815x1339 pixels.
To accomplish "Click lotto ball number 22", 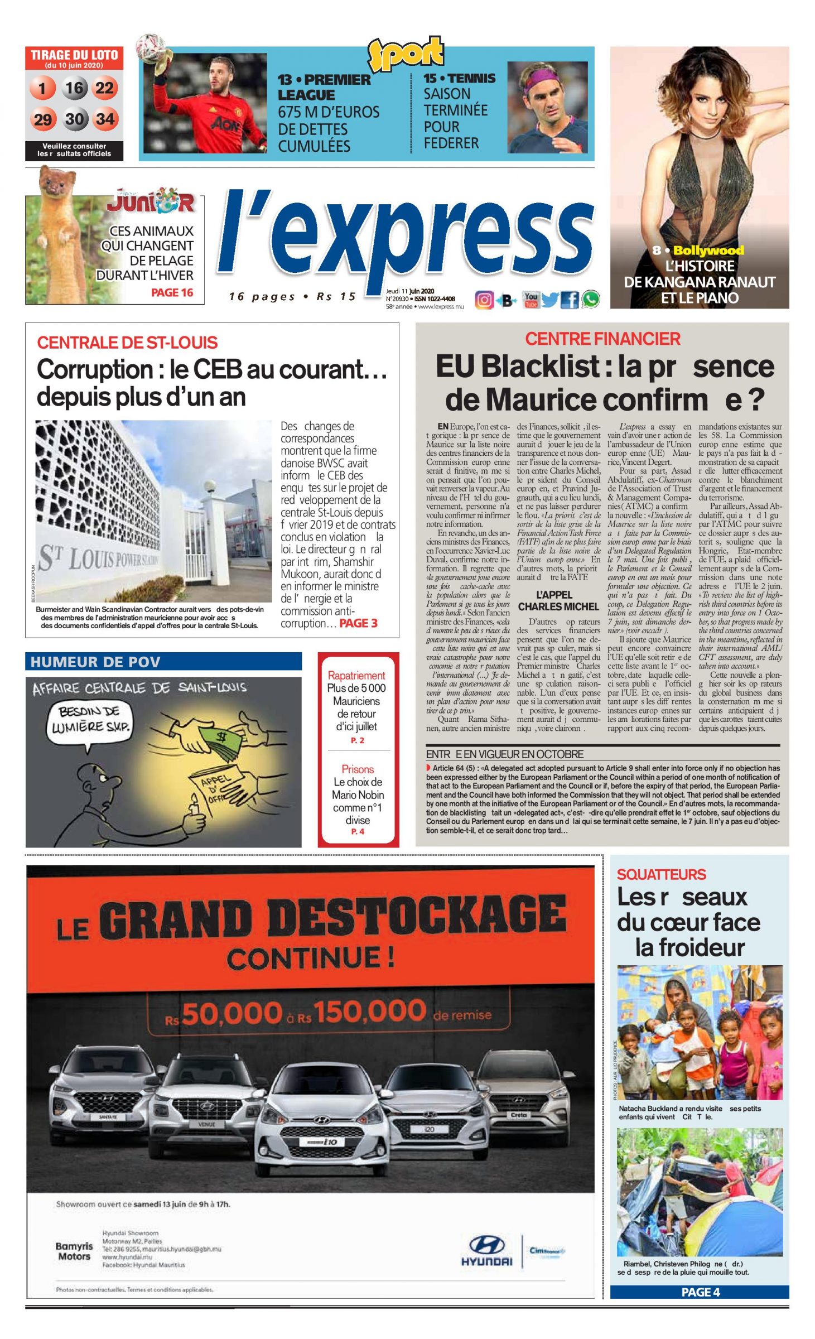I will (x=105, y=88).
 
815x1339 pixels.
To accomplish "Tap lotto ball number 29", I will (x=43, y=119).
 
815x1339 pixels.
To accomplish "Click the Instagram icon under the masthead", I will (x=484, y=300).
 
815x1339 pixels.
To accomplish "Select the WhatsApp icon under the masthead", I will (x=591, y=300).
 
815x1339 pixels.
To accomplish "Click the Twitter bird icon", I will (x=549, y=300).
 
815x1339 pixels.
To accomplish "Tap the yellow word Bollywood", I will (x=708, y=251).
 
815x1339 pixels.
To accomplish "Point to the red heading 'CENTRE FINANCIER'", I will (x=602, y=339).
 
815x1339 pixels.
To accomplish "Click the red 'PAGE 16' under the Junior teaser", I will (x=172, y=292).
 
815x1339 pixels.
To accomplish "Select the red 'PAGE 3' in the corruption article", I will (x=358, y=623).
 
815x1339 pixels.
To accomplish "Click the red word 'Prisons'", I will (x=358, y=769).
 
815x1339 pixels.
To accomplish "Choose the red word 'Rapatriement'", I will (x=356, y=675).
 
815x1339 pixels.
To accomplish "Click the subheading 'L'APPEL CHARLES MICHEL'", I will (x=558, y=601).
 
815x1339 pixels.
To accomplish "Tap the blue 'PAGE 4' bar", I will (x=700, y=1292).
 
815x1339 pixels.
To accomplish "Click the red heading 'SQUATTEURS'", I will (x=661, y=874).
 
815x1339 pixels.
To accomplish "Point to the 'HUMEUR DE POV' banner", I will (x=163, y=662).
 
